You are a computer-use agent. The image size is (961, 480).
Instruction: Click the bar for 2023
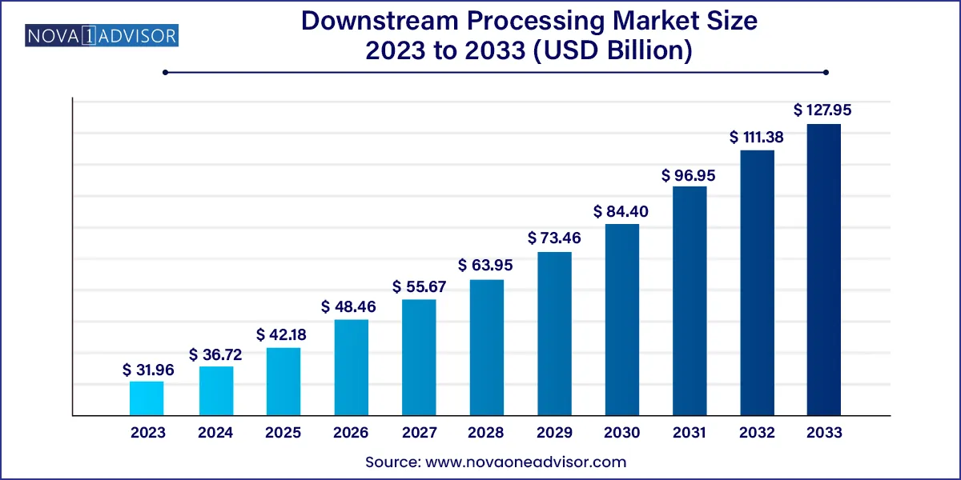(x=147, y=398)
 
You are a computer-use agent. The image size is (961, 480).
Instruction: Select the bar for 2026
(x=351, y=367)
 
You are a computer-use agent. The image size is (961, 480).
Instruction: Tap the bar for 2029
(x=554, y=334)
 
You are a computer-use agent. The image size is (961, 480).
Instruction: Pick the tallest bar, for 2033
(x=824, y=270)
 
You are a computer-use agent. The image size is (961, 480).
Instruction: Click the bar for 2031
(x=690, y=301)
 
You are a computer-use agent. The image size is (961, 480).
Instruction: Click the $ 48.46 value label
(x=348, y=307)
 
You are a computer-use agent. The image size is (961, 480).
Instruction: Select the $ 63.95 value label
(x=485, y=265)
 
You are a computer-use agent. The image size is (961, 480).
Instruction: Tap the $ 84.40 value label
(x=621, y=212)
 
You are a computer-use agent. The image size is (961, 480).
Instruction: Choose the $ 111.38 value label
(x=756, y=138)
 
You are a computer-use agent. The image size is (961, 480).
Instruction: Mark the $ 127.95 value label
(x=822, y=110)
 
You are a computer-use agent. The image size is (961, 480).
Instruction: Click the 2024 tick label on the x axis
(x=215, y=433)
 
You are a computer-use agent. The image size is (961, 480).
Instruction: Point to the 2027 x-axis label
(x=419, y=433)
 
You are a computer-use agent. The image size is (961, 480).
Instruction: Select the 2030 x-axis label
(x=621, y=433)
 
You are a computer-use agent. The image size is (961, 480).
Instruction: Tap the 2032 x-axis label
(x=757, y=433)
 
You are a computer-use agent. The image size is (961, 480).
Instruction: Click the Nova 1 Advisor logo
(x=103, y=36)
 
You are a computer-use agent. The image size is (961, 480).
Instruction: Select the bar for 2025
(x=283, y=382)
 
